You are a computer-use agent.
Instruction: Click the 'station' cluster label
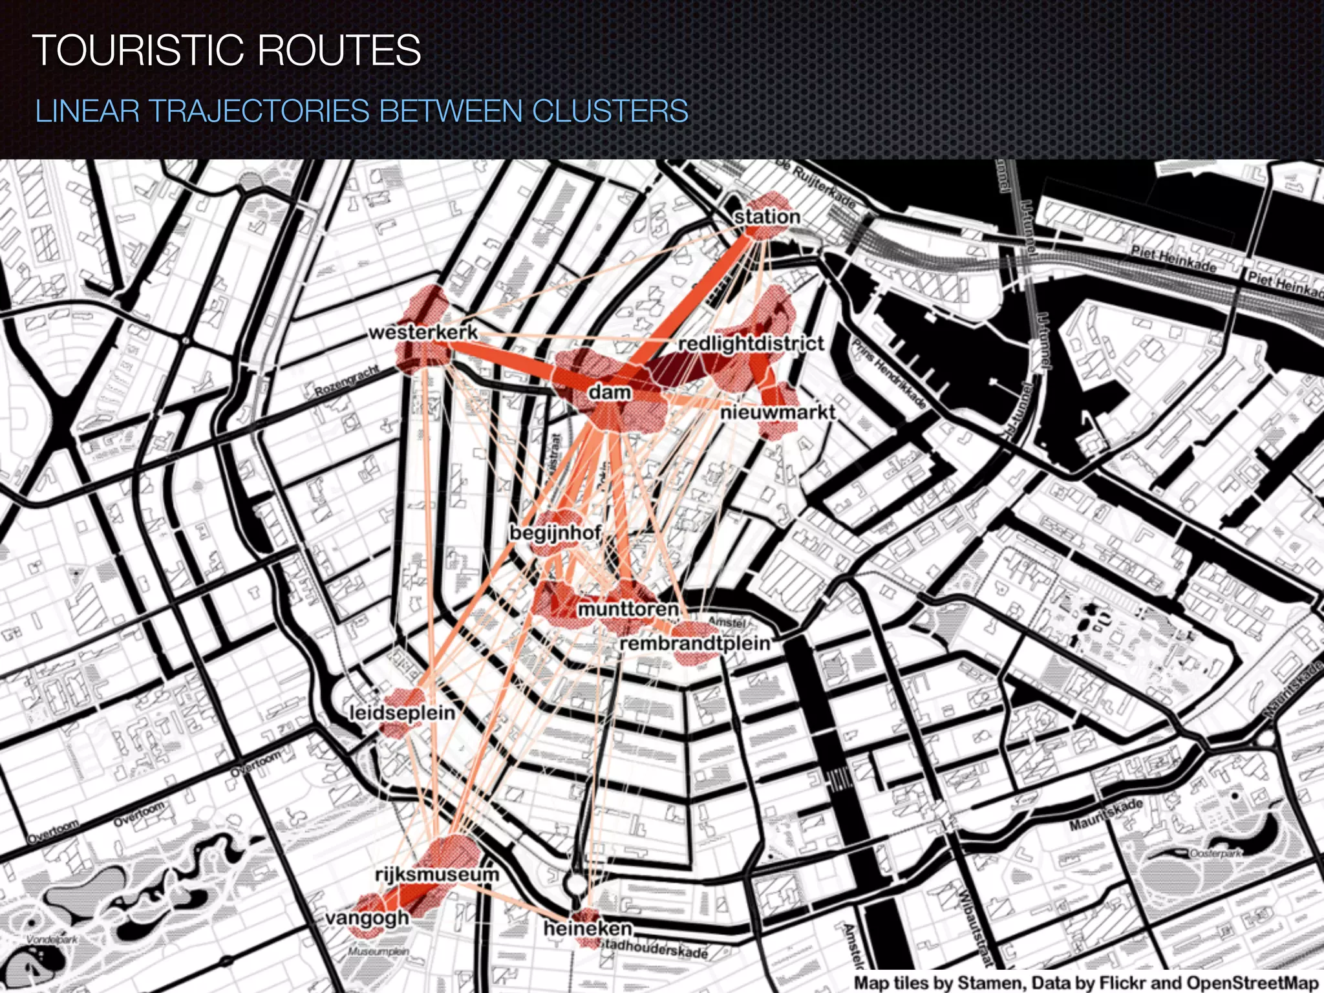coord(767,217)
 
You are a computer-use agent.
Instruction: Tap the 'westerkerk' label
coord(423,332)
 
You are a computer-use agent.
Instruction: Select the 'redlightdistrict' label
coord(751,343)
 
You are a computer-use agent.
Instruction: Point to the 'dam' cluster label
coord(610,392)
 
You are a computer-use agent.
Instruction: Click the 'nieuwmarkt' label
coord(778,412)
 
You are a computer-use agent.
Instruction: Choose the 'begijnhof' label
coord(556,533)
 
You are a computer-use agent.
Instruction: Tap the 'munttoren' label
coord(628,609)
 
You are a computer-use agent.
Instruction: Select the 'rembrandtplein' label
coord(695,643)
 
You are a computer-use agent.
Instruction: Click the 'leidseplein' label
coord(402,712)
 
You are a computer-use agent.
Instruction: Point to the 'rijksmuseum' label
coord(438,874)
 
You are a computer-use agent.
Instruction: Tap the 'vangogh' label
coord(367,918)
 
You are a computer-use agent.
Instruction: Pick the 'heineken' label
coord(588,928)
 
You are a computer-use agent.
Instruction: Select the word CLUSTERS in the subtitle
coord(610,111)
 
